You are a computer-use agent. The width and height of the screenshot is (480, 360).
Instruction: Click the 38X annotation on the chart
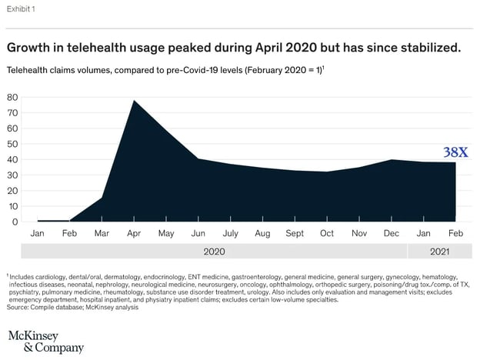(x=456, y=152)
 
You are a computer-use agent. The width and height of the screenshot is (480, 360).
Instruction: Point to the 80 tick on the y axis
(x=13, y=98)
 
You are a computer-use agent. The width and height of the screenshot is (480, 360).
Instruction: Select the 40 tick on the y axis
(x=13, y=160)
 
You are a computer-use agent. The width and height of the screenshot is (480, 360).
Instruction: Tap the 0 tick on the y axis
(x=15, y=222)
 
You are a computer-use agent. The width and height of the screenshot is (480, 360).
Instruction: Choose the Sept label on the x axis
(x=295, y=232)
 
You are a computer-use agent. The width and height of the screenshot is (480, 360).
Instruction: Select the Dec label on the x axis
(x=392, y=232)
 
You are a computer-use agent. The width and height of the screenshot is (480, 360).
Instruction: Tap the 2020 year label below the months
(x=213, y=251)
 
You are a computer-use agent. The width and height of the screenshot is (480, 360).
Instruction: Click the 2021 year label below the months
(x=440, y=251)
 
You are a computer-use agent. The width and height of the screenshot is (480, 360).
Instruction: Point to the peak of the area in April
(x=135, y=100)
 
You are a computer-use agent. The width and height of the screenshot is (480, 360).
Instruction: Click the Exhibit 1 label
(x=22, y=9)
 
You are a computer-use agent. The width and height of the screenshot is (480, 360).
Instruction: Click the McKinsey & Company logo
(x=45, y=342)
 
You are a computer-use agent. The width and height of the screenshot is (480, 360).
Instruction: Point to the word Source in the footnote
(x=19, y=307)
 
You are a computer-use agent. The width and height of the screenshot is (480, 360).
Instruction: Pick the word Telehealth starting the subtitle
(x=28, y=70)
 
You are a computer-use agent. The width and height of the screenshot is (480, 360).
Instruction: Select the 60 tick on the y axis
(x=13, y=128)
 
